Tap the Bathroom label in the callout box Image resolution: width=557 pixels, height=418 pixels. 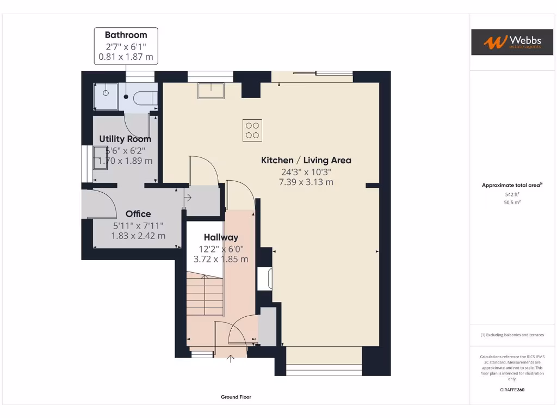(126, 35)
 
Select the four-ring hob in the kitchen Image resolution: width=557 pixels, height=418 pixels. (252, 130)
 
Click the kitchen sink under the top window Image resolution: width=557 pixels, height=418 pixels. (211, 90)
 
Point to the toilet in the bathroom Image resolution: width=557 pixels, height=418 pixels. (145, 98)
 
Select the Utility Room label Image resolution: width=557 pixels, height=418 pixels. (125, 139)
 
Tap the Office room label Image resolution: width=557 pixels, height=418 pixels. (138, 214)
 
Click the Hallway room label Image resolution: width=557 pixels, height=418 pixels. (221, 237)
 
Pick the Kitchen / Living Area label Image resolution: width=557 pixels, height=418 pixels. (306, 160)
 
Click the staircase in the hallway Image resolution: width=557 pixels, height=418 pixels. (205, 294)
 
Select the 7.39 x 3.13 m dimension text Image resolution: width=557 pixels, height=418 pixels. (306, 182)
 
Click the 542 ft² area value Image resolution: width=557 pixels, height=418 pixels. (512, 194)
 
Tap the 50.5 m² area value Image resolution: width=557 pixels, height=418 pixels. (512, 202)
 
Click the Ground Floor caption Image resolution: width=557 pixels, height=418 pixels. (236, 397)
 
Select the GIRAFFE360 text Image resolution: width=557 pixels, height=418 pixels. (512, 390)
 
